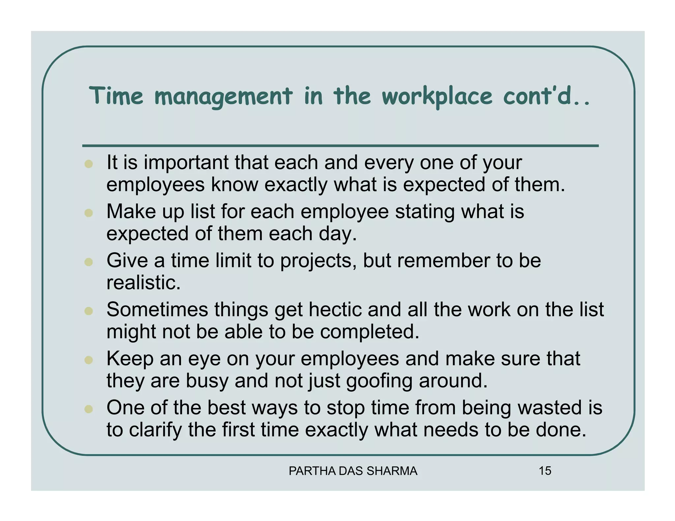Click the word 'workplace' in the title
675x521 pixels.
[x=437, y=96]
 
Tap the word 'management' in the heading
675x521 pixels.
[x=223, y=96]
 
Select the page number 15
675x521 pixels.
[x=545, y=471]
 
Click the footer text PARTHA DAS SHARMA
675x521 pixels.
[x=353, y=471]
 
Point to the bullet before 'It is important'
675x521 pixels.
[x=88, y=164]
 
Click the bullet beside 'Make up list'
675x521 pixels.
[x=88, y=213]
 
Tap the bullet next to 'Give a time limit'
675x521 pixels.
[x=88, y=262]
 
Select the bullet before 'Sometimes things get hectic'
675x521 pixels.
[x=88, y=311]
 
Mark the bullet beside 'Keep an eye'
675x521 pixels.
[x=88, y=360]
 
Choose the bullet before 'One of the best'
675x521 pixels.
[x=88, y=409]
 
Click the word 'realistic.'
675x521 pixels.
[x=144, y=283]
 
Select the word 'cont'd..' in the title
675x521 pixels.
[x=546, y=96]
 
